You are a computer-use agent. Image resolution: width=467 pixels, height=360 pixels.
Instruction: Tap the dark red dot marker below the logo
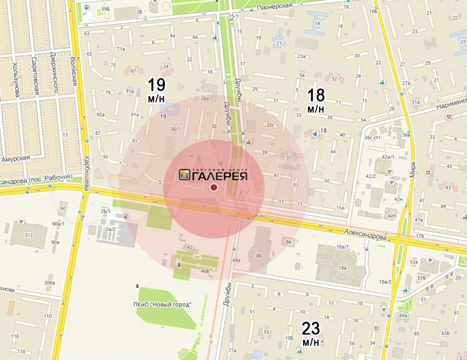(213, 188)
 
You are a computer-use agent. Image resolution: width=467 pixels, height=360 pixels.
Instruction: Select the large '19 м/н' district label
(157, 90)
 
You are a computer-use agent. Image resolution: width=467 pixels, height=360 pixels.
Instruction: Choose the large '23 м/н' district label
(311, 333)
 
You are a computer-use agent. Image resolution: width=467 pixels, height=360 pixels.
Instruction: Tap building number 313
(29, 235)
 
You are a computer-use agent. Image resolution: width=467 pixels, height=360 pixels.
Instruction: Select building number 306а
(49, 283)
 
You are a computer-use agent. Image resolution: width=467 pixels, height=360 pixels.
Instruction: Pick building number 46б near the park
(205, 272)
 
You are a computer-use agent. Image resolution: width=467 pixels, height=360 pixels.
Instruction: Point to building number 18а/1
(344, 247)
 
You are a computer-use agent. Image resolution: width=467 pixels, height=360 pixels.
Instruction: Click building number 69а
(403, 315)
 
